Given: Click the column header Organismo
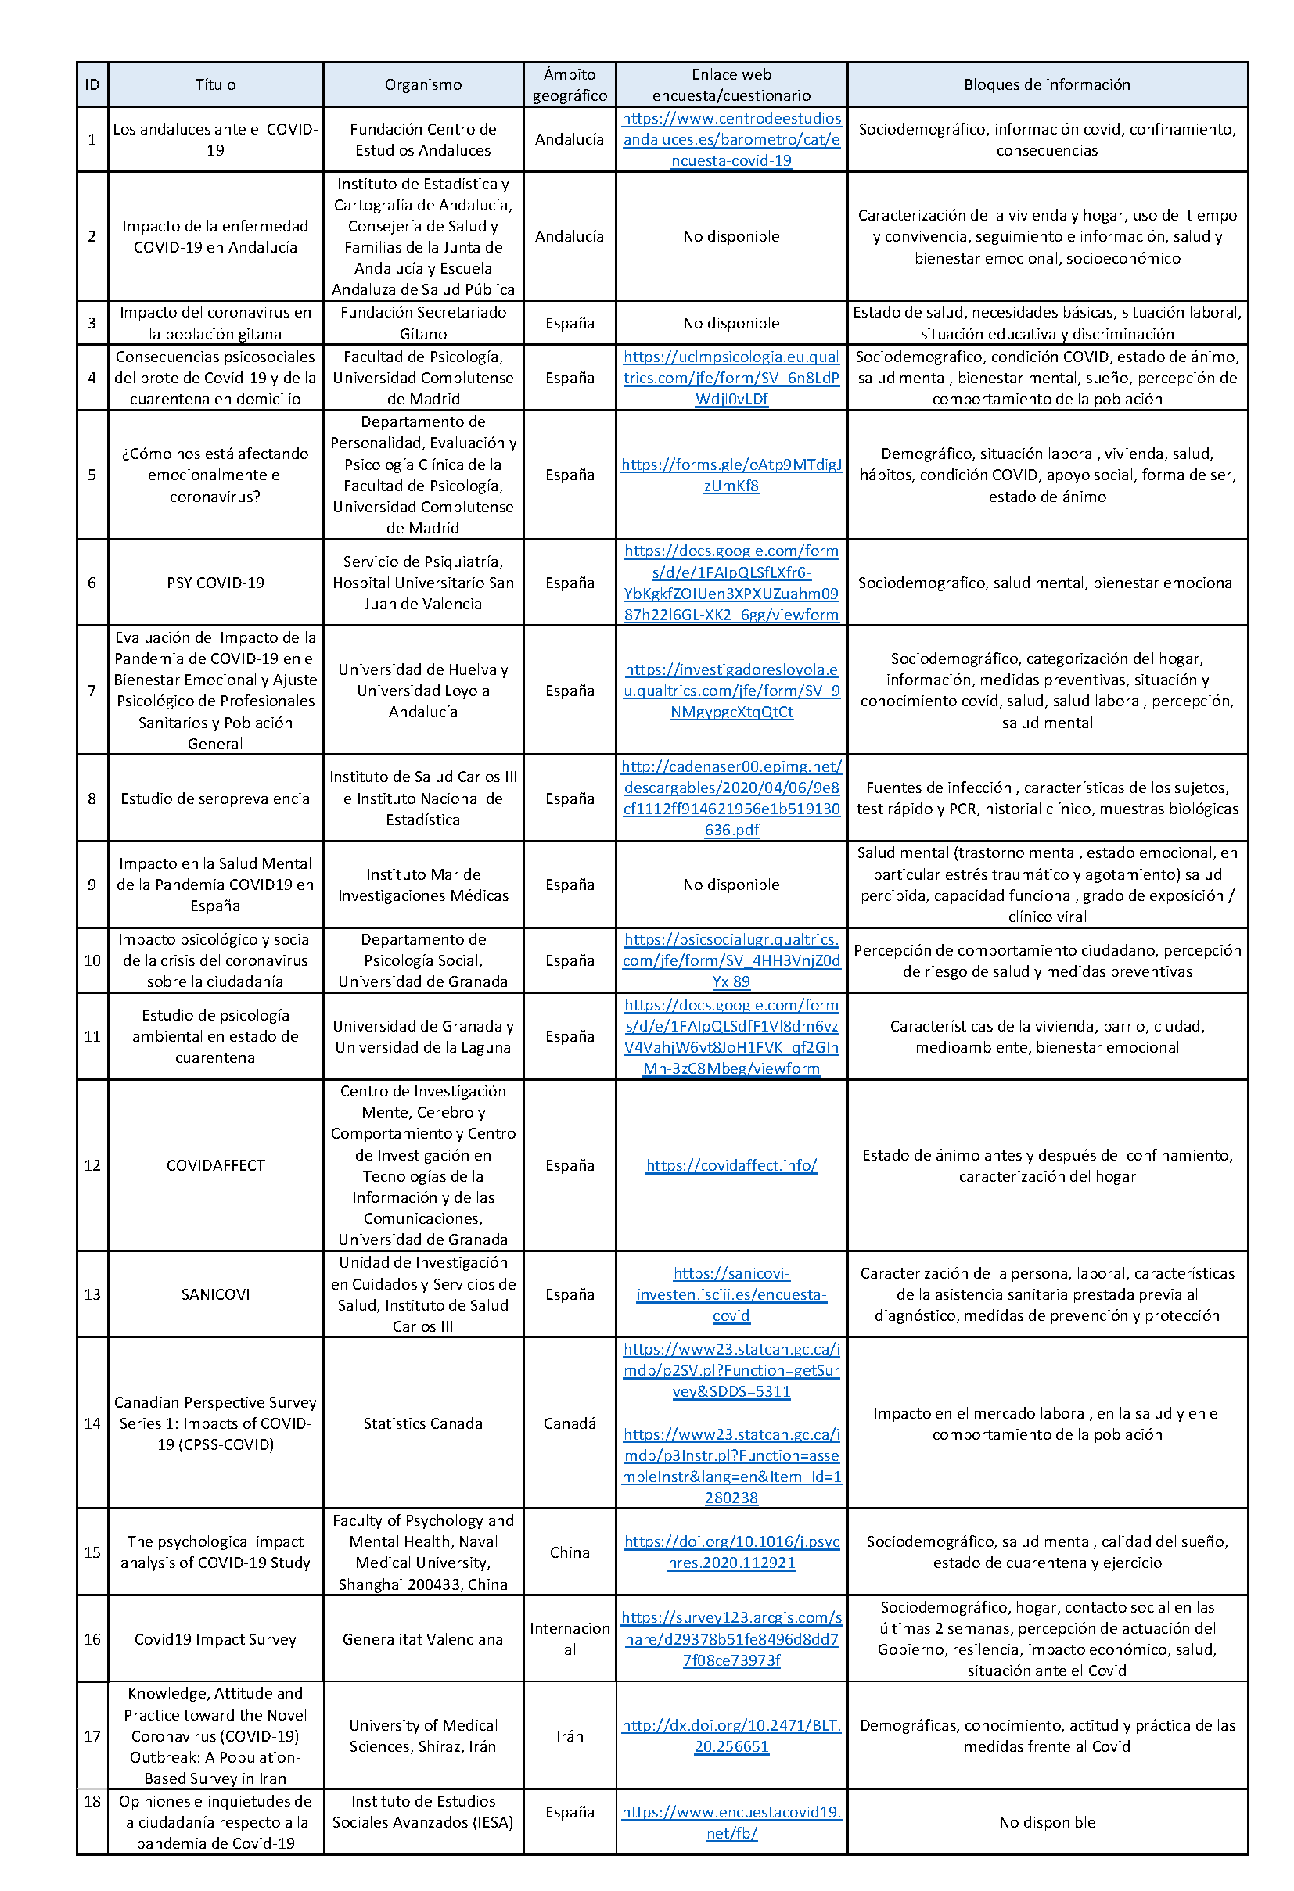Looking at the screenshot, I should (x=422, y=84).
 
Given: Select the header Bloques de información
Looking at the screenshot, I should (x=1047, y=84).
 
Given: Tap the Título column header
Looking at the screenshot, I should (x=215, y=84).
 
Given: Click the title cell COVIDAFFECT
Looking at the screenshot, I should (x=215, y=1165).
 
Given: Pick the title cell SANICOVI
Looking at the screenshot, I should (x=215, y=1294).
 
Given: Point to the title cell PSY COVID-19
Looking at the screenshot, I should (x=215, y=583).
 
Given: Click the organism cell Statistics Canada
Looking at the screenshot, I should (x=422, y=1423).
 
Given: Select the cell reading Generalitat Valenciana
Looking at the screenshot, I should (x=422, y=1638).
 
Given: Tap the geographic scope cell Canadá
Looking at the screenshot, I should (x=570, y=1423).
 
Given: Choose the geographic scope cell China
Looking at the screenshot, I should (x=570, y=1552).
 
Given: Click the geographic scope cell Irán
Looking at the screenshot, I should (x=570, y=1736).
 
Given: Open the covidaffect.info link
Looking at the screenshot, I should (x=731, y=1165).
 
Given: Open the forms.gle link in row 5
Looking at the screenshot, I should (x=731, y=475).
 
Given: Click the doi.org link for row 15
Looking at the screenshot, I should (x=731, y=1552).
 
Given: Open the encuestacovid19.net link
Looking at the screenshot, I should (x=731, y=1823).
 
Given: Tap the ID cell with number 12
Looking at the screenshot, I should (x=92, y=1165).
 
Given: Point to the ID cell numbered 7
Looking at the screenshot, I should (x=92, y=690).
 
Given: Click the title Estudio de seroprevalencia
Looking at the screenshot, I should (x=215, y=798).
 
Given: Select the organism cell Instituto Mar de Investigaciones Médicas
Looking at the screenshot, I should (x=422, y=884).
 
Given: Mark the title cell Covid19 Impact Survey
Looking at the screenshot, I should (x=215, y=1638).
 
